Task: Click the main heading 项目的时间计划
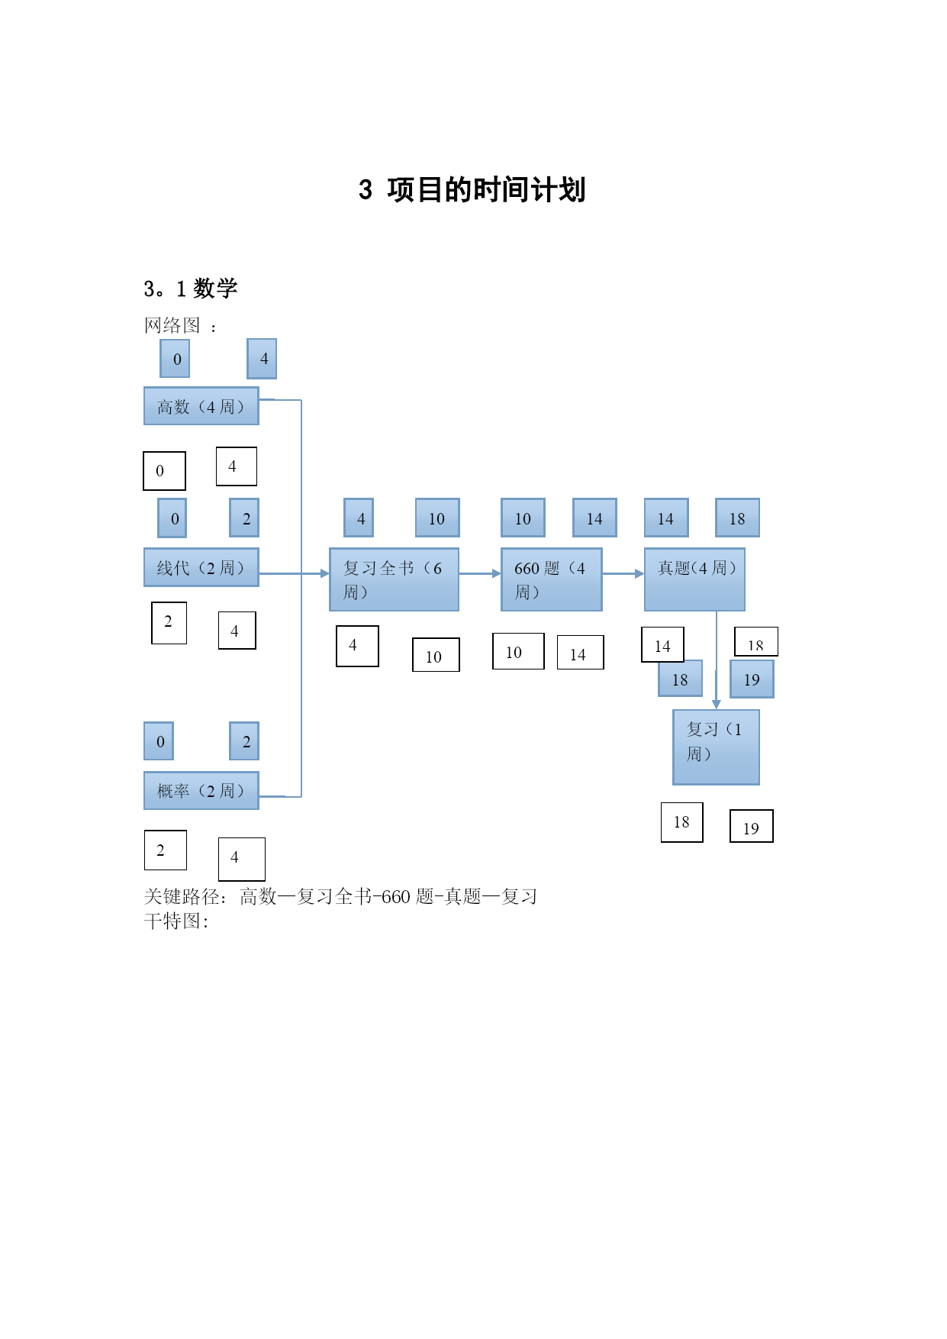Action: [x=485, y=190]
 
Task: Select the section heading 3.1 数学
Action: [x=191, y=289]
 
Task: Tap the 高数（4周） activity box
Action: [x=201, y=406]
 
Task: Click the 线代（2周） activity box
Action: [x=201, y=567]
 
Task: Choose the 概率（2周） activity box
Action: [x=201, y=790]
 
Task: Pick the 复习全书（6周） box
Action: [x=394, y=579]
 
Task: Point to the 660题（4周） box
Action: [x=552, y=579]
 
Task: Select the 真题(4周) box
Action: [x=694, y=579]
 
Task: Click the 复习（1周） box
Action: [x=716, y=747]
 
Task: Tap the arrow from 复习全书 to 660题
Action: [x=480, y=573]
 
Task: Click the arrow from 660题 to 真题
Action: [x=623, y=573]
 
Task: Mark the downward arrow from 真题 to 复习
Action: [x=717, y=660]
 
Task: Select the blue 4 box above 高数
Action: [x=262, y=359]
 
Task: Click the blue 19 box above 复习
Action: [x=752, y=679]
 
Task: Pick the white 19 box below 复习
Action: [x=752, y=826]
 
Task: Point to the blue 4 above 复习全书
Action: [x=359, y=518]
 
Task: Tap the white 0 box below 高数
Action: [x=164, y=471]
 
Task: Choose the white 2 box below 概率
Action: [x=166, y=850]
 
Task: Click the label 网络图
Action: [x=172, y=326]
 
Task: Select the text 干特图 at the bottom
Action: [x=172, y=921]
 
